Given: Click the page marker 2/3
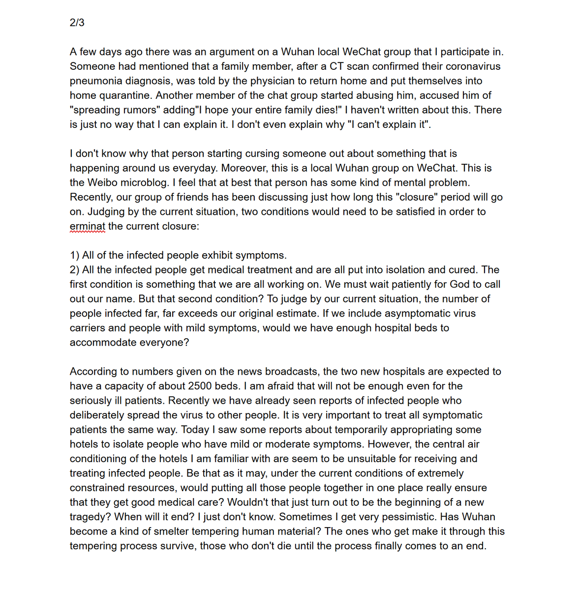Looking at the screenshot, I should point(77,23).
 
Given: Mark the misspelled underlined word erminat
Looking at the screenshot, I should point(87,227).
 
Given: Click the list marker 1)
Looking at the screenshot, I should point(75,256).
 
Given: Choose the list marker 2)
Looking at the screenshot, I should point(75,270).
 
